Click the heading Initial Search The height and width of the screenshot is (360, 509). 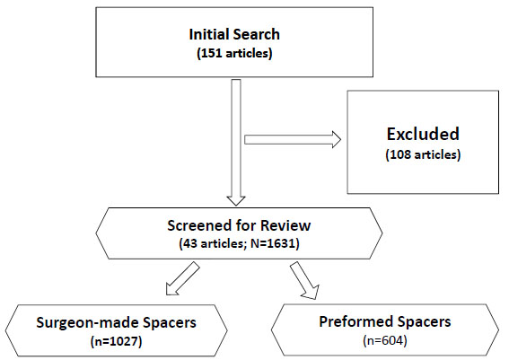tap(234, 34)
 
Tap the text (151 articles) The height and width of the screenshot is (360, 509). tap(234, 53)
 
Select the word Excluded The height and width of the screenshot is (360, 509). tap(423, 134)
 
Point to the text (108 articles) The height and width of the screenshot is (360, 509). tap(423, 154)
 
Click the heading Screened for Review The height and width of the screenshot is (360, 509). tap(239, 225)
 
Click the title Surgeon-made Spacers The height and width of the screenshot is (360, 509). tap(116, 322)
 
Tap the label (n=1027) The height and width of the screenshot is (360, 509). tap(116, 341)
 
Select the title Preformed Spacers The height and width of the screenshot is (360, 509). tap(385, 321)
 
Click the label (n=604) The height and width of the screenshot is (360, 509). tap(385, 340)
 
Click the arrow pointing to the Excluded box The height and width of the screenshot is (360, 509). tap(293, 139)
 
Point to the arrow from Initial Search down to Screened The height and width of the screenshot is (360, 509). tap(236, 143)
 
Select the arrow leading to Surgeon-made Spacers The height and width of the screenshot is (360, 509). tap(182, 279)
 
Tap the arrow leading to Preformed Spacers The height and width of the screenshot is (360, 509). tap(305, 280)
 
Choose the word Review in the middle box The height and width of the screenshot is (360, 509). tap(285, 225)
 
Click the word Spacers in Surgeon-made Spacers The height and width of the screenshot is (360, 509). tap(170, 322)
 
